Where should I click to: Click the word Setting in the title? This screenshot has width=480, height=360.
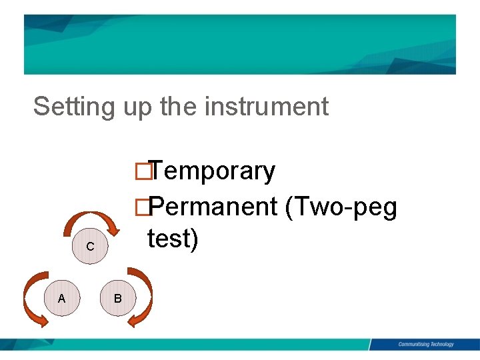[75, 107]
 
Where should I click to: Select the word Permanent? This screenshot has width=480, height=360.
[213, 207]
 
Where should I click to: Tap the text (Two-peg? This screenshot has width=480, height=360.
[341, 209]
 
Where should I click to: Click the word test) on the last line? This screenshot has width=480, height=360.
[173, 239]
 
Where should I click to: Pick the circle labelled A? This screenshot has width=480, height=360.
[61, 298]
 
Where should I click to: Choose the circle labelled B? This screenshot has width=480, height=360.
[117, 298]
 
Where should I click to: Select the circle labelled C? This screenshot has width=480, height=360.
[89, 247]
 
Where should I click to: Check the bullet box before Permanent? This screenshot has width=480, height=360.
[140, 208]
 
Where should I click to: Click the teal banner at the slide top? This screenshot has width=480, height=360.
[240, 44]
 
